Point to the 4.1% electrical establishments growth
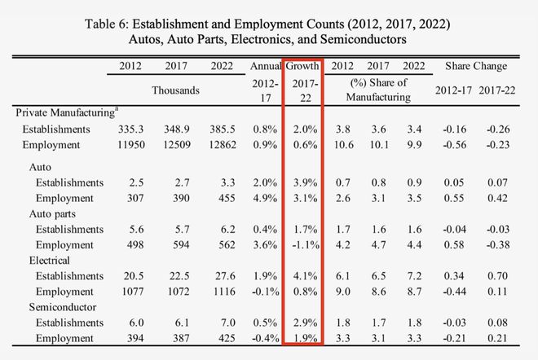[x=303, y=277]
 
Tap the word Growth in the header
[x=302, y=65]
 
